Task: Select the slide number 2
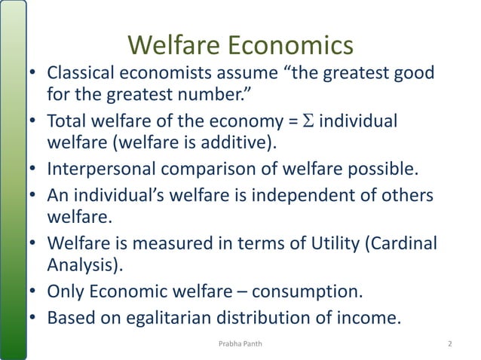449,344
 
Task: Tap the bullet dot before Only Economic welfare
32,293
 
